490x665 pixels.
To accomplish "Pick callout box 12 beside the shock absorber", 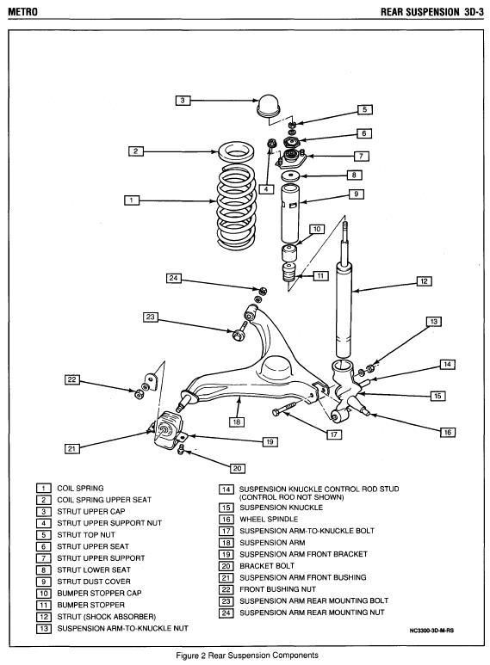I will point(423,280).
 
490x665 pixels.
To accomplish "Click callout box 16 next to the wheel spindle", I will point(447,432).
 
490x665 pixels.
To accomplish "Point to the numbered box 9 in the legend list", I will point(45,582).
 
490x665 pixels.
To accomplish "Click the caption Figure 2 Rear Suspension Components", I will point(245,656).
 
